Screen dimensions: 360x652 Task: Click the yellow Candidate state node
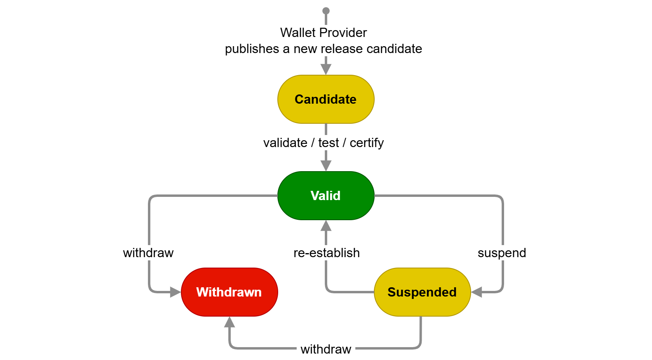(x=326, y=99)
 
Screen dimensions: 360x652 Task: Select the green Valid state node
(x=326, y=196)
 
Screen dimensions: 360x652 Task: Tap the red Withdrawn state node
(x=229, y=292)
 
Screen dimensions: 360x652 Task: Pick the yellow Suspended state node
(x=422, y=292)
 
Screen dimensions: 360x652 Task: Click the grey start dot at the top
(x=326, y=11)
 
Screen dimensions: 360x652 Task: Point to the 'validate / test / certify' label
(x=324, y=143)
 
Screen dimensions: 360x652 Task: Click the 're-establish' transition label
(x=326, y=253)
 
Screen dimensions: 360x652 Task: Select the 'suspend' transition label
(x=502, y=253)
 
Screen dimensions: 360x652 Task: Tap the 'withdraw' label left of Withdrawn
(x=148, y=253)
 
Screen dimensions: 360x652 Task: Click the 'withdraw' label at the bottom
(x=326, y=349)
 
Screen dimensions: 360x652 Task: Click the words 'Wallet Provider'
(x=324, y=33)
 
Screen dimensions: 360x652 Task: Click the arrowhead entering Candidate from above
(x=326, y=69)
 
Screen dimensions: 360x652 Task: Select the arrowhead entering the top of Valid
(x=326, y=166)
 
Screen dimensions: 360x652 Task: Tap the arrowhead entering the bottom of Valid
(x=326, y=226)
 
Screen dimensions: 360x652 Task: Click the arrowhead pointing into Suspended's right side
(x=477, y=292)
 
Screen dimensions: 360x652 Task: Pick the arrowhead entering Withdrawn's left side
(x=175, y=292)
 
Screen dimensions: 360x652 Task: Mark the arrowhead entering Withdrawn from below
(x=230, y=322)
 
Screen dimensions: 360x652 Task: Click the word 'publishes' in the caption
(x=252, y=49)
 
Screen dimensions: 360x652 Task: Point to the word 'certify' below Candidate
(x=367, y=143)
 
